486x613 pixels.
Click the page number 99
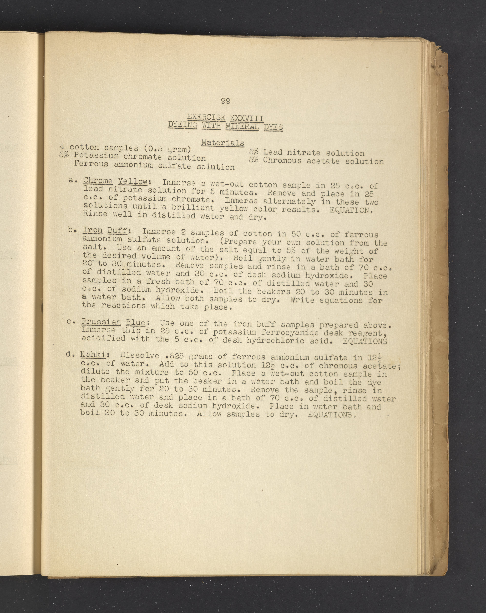point(225,101)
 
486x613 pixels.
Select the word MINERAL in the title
point(242,126)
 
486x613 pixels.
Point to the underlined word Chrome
point(98,181)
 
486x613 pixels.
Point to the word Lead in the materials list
point(273,152)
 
